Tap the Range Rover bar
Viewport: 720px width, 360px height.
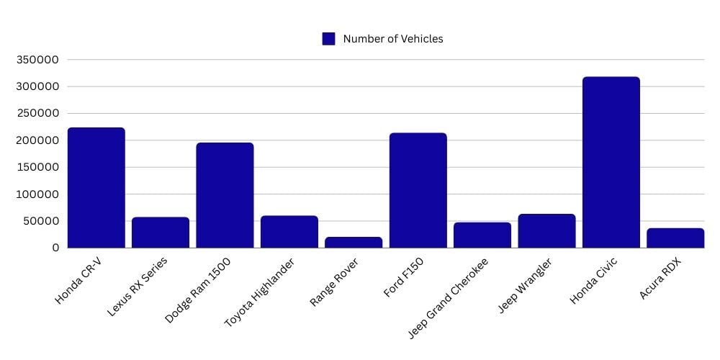point(353,242)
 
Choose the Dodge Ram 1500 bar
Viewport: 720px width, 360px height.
point(225,195)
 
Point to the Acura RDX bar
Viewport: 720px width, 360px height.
point(675,238)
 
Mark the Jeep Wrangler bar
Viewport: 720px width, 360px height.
point(546,230)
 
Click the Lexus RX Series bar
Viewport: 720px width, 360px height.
point(160,232)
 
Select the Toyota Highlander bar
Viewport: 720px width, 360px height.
point(289,231)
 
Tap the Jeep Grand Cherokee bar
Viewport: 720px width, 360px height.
point(482,235)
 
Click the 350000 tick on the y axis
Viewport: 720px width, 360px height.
point(37,60)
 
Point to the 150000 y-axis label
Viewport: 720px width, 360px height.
point(37,167)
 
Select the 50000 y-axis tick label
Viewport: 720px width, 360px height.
point(40,221)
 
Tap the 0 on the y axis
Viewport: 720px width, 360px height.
point(55,248)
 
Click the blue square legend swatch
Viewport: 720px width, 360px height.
point(328,39)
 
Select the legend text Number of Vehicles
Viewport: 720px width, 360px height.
point(392,39)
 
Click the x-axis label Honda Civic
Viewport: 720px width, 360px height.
point(594,281)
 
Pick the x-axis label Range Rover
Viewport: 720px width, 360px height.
point(335,282)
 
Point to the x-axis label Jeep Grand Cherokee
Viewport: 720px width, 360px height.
point(448,297)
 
